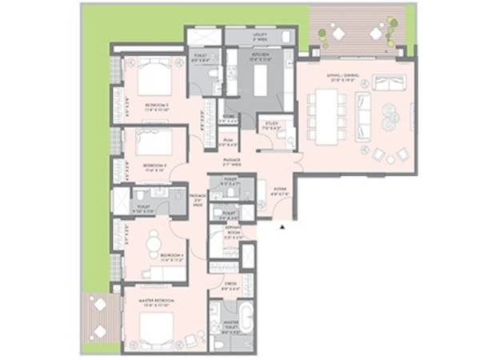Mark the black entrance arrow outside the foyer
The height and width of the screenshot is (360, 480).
pos(282,228)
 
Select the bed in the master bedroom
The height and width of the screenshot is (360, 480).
pos(156,326)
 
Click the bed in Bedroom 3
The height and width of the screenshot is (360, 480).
pos(154,145)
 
